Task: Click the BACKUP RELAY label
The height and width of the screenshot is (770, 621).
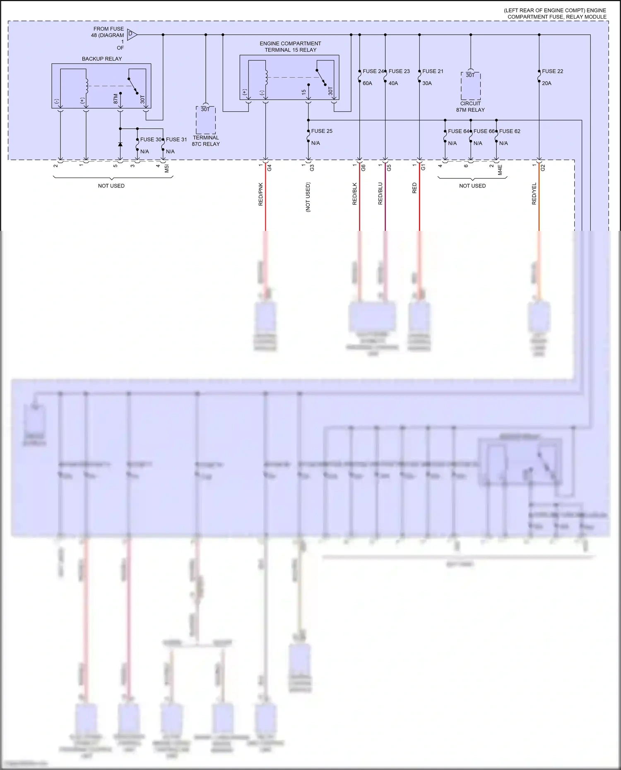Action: pos(102,59)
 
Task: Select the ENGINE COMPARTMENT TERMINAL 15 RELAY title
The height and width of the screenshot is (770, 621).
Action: pos(290,47)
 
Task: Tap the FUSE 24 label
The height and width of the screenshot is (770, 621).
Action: pos(373,71)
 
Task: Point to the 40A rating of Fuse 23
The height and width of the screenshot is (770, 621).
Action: pos(393,83)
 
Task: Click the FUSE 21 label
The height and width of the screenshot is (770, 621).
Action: pos(433,71)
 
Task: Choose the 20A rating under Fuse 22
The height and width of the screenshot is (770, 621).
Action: pos(546,83)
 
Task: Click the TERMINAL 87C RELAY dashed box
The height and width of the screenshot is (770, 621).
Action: pos(206,120)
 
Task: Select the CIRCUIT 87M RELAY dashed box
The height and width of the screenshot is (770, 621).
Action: pos(470,86)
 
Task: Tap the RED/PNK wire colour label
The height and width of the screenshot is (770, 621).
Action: pos(261,194)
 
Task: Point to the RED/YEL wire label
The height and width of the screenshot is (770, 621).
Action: pos(534,194)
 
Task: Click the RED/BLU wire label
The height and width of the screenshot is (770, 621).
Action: pos(380,194)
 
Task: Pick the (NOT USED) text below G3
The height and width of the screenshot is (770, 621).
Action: pos(308,197)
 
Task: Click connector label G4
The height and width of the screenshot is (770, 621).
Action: pos(270,168)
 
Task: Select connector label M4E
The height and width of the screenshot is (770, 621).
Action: pos(500,170)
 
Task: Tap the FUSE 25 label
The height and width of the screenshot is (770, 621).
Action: pos(322,131)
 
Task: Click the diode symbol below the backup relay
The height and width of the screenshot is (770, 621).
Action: pos(120,144)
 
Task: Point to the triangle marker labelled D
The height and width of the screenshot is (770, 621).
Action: pos(131,35)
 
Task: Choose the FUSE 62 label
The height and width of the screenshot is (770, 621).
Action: pos(510,131)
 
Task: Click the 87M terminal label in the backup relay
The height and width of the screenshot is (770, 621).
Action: pos(116,98)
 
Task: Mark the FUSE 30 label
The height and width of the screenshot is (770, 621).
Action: pos(150,139)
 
